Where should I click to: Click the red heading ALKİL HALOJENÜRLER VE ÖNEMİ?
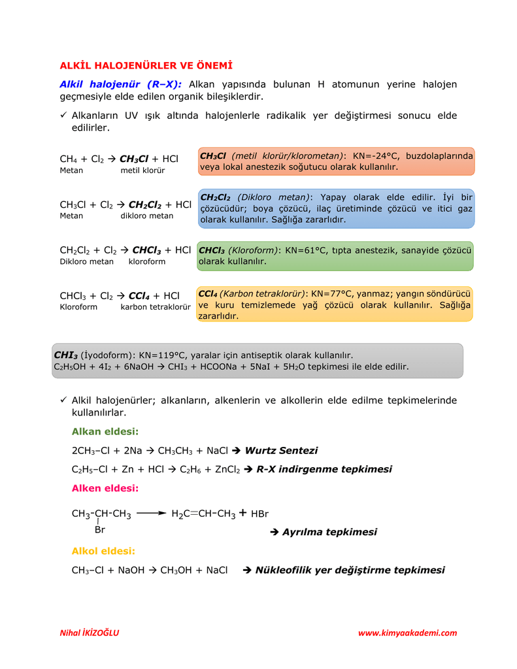tap(146, 65)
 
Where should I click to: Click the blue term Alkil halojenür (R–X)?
tap(121, 84)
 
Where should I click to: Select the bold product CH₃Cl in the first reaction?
tap(134, 159)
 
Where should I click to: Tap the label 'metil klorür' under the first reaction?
tap(142, 171)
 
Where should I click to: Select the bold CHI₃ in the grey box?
tap(65, 355)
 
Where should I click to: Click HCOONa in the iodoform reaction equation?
tap(210, 367)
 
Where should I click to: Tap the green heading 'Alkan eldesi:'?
tap(105, 431)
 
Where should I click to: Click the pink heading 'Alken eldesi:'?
tap(105, 488)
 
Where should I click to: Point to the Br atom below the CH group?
tap(100, 530)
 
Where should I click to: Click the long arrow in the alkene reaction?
tap(152, 514)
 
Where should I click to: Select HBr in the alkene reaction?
tap(259, 514)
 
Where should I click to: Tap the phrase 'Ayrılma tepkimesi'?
tap(329, 532)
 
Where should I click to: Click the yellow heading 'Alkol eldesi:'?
tap(103, 551)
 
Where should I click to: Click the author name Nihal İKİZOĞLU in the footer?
tap(90, 633)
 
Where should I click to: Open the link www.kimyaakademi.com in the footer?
tap(407, 633)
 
